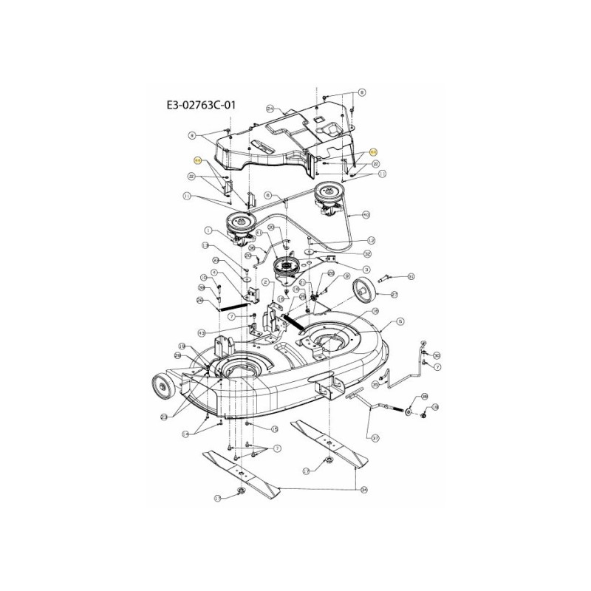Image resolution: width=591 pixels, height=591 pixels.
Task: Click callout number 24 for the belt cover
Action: [270, 108]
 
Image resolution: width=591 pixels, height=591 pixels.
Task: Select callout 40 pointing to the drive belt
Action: [366, 214]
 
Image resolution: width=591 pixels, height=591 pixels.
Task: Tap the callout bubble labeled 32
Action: [368, 253]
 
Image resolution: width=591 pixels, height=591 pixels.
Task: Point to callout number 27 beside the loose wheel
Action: [394, 294]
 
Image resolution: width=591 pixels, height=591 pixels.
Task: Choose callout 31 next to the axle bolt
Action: [412, 277]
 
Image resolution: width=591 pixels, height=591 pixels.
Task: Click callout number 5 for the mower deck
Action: [400, 321]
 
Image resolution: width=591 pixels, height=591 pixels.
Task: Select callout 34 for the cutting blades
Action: [363, 490]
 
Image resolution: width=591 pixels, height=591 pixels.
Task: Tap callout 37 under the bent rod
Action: [375, 438]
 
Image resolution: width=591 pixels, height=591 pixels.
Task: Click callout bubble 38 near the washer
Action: [424, 397]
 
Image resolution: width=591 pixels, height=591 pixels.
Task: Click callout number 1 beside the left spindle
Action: [209, 229]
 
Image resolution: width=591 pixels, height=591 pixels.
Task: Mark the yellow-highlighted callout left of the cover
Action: [197, 160]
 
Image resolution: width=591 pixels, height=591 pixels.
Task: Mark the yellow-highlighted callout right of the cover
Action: [372, 150]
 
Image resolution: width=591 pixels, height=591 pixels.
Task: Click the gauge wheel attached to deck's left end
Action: [158, 385]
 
